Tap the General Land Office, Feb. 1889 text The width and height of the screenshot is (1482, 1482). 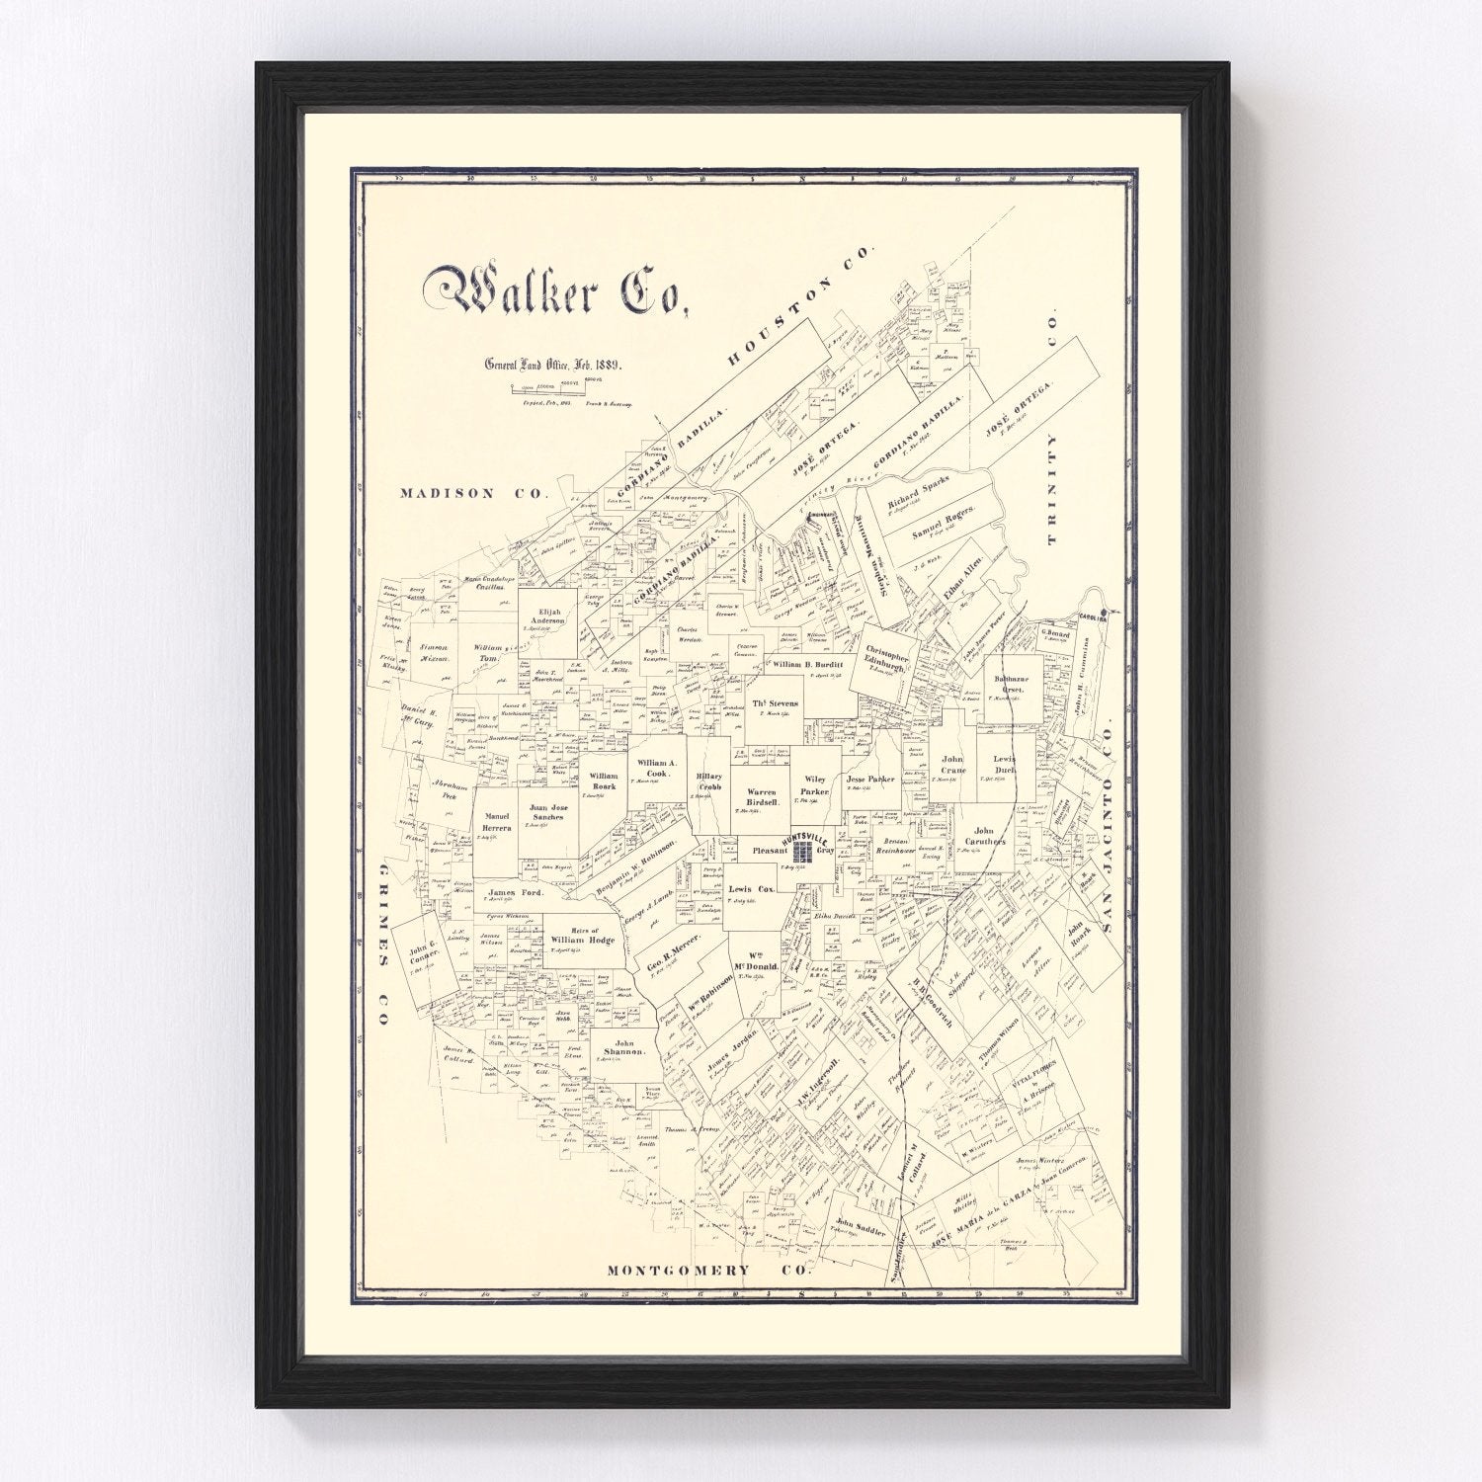click(551, 364)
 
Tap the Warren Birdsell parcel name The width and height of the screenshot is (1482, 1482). click(762, 797)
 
